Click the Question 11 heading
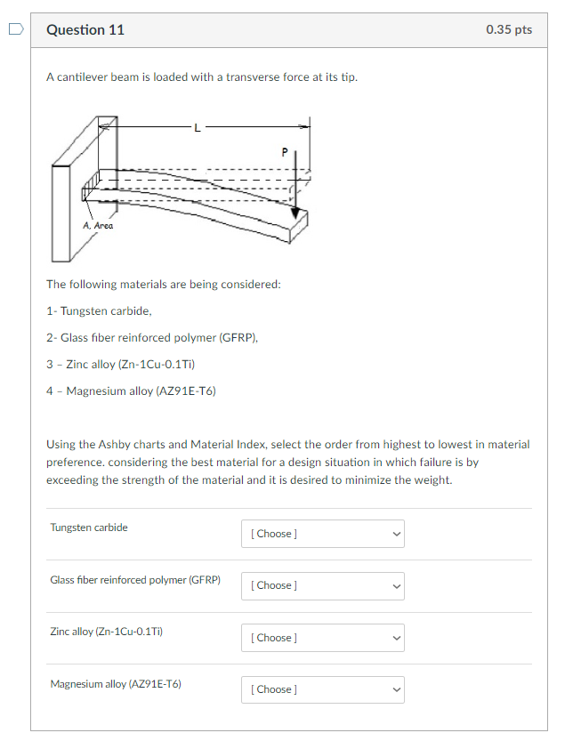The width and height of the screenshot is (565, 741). pos(85,30)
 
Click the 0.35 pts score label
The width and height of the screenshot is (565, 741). pos(509,30)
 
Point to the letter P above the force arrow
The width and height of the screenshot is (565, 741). pos(285,152)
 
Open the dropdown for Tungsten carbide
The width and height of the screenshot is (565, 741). pos(322,534)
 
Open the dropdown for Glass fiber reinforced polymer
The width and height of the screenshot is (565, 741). pos(322,585)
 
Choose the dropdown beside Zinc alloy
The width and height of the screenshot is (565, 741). pos(322,638)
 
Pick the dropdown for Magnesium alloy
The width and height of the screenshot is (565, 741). pos(322,689)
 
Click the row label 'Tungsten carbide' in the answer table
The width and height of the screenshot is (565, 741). pos(89,528)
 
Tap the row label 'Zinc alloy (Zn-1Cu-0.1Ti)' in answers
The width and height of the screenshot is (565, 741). pos(107,632)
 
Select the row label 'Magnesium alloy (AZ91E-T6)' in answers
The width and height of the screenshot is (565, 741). pos(116,684)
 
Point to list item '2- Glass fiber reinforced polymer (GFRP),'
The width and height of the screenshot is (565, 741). pos(152,338)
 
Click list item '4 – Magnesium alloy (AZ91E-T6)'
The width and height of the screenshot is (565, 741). pos(131,391)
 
